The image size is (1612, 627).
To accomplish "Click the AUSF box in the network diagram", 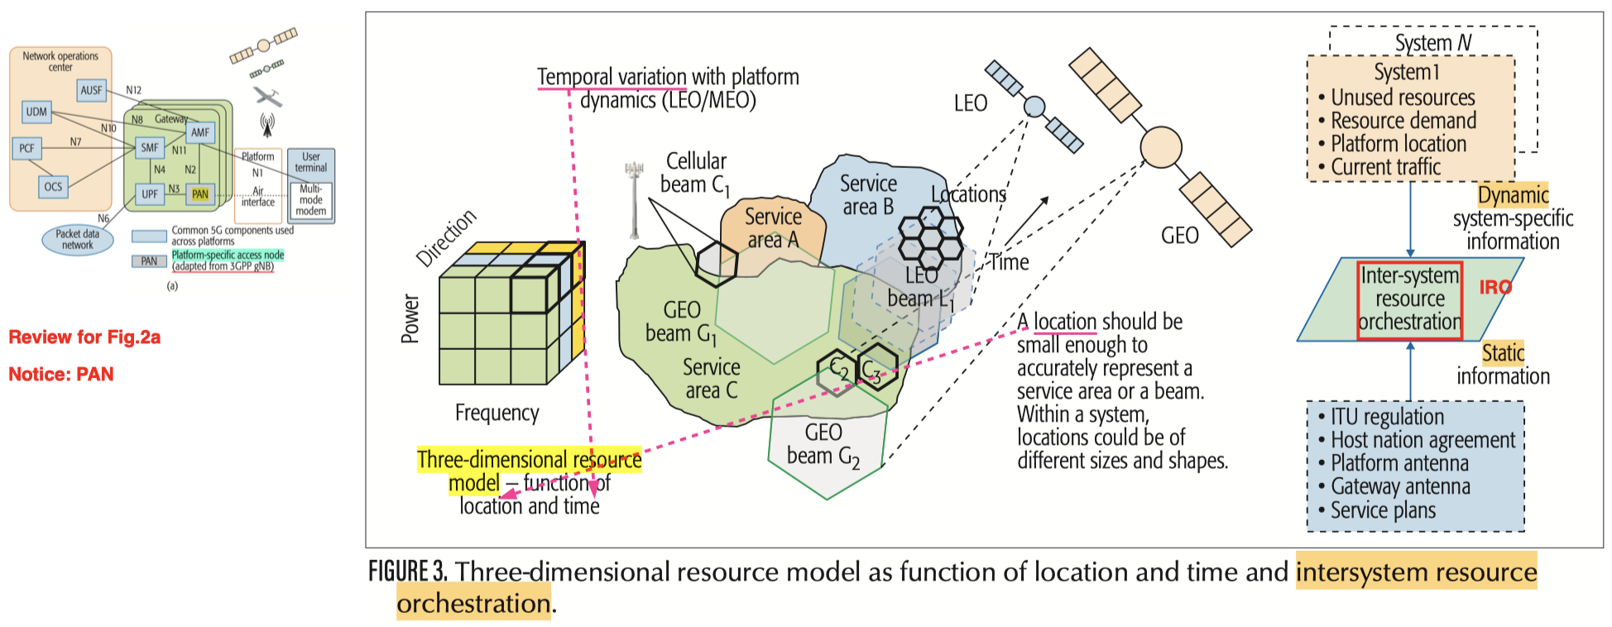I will [x=92, y=90].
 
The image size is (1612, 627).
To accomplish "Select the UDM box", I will [x=36, y=112].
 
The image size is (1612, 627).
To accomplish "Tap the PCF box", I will [x=27, y=149].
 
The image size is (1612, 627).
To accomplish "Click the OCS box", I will [x=53, y=187].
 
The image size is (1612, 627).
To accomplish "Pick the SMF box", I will [x=150, y=148].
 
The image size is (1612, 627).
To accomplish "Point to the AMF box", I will [x=200, y=132].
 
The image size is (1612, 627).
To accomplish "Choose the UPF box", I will [x=150, y=194].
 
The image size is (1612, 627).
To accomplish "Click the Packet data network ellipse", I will [x=77, y=240].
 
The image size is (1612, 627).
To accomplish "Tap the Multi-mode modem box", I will [x=311, y=200].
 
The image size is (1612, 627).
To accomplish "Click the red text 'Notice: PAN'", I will [x=61, y=375].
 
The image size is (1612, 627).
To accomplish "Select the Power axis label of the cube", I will [x=410, y=318].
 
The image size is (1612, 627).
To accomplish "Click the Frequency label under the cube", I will [x=497, y=413].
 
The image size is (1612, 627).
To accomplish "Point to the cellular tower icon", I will [x=635, y=199].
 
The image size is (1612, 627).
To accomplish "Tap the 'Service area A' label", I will [x=773, y=228].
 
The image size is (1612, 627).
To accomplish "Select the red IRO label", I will [x=1495, y=287].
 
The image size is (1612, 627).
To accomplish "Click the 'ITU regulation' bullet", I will [x=1387, y=417].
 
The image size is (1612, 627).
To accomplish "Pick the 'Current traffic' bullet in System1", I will [x=1385, y=167].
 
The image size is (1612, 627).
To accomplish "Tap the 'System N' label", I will [x=1433, y=42].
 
